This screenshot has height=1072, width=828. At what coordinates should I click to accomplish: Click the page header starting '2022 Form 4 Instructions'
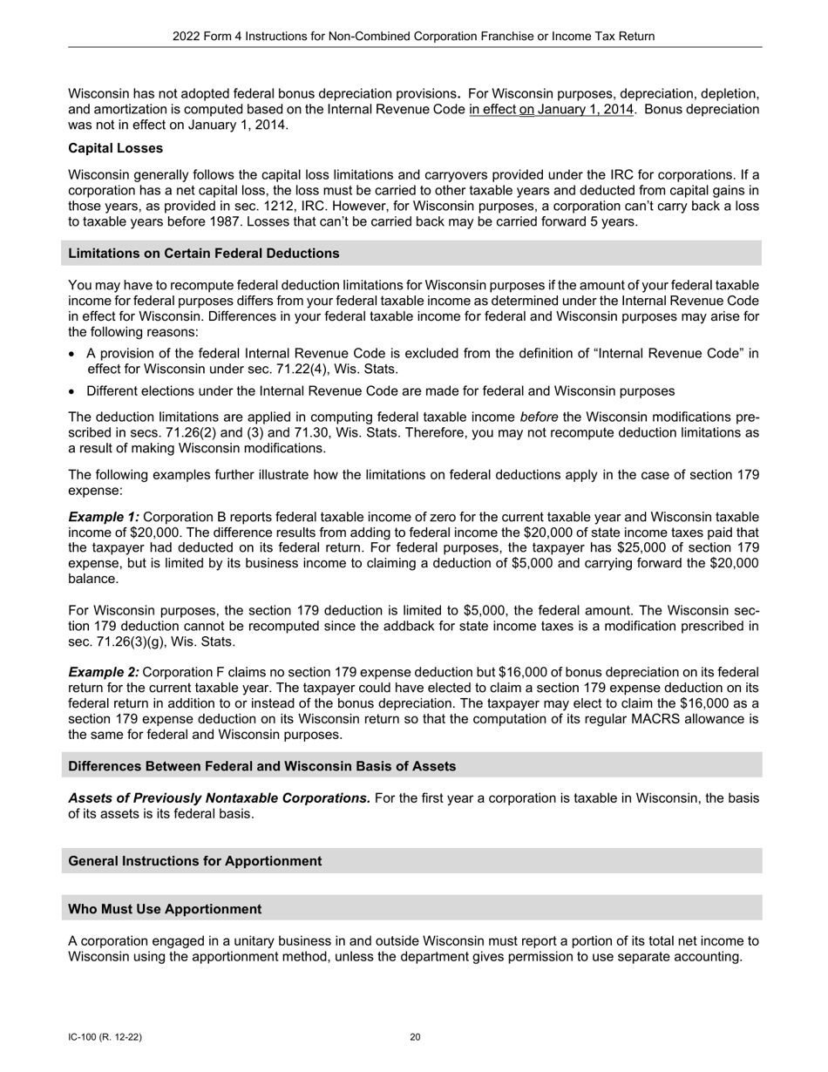click(413, 37)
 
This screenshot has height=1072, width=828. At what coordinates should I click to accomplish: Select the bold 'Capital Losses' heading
click(115, 148)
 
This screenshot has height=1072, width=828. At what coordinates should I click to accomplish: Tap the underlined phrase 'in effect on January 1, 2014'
click(551, 110)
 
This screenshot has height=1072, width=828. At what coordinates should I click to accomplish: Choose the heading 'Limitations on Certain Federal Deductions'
click(204, 254)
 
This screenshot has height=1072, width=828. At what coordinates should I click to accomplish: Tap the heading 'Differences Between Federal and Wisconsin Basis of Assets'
click(261, 766)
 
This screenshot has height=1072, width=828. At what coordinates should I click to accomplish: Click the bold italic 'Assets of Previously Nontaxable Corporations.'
click(219, 798)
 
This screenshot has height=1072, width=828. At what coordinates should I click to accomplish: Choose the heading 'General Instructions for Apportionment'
click(194, 861)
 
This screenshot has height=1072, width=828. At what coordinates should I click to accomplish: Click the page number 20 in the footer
click(415, 1037)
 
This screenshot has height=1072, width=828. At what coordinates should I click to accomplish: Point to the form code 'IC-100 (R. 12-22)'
click(105, 1037)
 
